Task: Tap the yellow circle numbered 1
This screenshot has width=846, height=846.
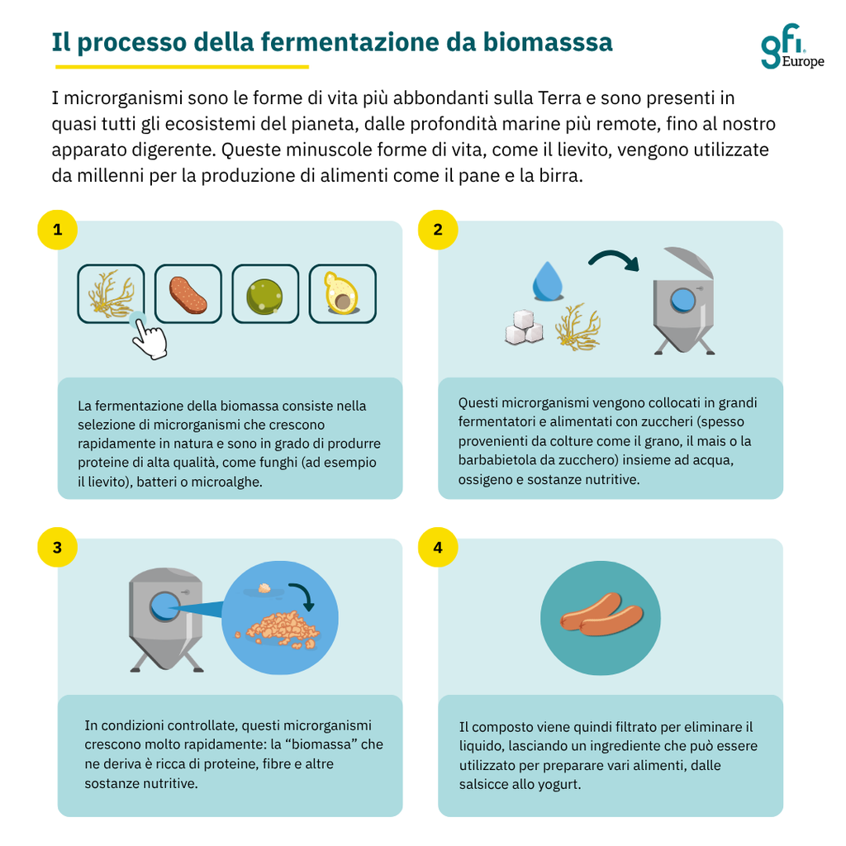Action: pyautogui.click(x=57, y=230)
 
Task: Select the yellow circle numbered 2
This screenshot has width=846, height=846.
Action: pyautogui.click(x=438, y=230)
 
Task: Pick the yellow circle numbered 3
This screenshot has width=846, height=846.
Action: pyautogui.click(x=57, y=547)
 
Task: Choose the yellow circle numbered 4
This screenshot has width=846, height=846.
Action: pyautogui.click(x=438, y=547)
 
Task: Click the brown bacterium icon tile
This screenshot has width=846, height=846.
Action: pyautogui.click(x=188, y=294)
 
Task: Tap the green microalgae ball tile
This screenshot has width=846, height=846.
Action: pyautogui.click(x=265, y=294)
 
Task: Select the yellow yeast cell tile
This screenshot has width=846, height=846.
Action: pyautogui.click(x=343, y=294)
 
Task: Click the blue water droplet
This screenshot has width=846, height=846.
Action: pyautogui.click(x=547, y=281)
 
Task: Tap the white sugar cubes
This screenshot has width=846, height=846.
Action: pyautogui.click(x=524, y=327)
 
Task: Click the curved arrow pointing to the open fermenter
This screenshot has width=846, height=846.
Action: pyautogui.click(x=614, y=258)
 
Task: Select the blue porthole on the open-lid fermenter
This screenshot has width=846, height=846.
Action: pyautogui.click(x=682, y=301)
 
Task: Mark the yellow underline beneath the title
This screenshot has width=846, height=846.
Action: pyautogui.click(x=182, y=67)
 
